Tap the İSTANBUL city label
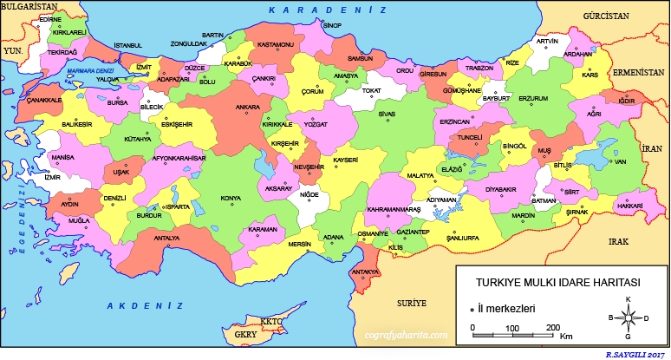click(x=127, y=45)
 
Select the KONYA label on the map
click(x=231, y=199)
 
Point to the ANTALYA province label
click(x=166, y=238)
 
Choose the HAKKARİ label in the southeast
click(x=630, y=206)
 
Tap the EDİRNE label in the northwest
click(x=51, y=18)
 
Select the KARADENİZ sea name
click(x=327, y=9)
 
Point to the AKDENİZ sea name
click(x=145, y=306)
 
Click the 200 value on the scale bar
click(x=551, y=327)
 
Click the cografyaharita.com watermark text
click(x=407, y=333)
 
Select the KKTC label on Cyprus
click(x=271, y=321)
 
